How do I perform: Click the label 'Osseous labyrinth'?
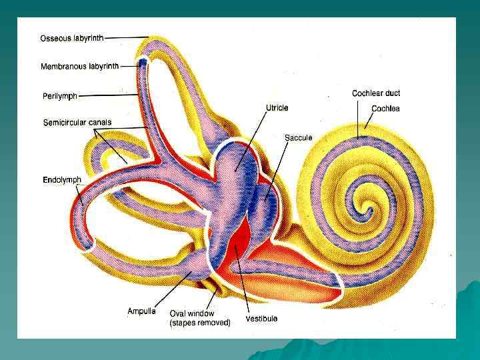72,37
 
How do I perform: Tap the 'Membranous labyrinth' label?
79,67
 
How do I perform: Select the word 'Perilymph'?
60,95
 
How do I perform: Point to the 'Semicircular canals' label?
77,123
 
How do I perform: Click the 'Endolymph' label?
62,180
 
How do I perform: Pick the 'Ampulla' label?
141,311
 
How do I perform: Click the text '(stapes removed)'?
200,323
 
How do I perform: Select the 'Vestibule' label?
261,318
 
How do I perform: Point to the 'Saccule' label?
298,138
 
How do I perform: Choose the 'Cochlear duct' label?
376,93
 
